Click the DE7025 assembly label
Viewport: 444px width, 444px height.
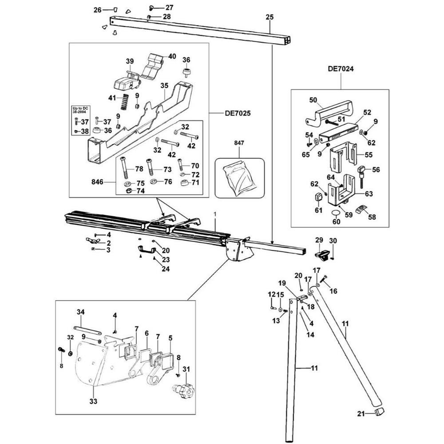coord(238,113)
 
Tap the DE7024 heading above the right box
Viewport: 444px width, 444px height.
coord(341,69)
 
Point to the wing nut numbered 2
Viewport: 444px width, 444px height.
coord(93,241)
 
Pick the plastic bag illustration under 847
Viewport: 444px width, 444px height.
coord(240,178)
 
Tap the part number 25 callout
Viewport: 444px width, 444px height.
coord(270,17)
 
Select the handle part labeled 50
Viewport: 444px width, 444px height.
coord(328,112)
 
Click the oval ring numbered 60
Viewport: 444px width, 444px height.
coord(336,213)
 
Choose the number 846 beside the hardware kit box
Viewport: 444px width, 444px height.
coord(97,182)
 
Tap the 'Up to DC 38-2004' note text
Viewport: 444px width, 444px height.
coord(80,110)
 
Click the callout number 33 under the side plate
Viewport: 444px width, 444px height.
coord(93,401)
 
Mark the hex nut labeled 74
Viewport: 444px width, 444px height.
coord(129,191)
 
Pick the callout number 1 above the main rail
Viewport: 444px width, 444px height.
coord(215,214)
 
